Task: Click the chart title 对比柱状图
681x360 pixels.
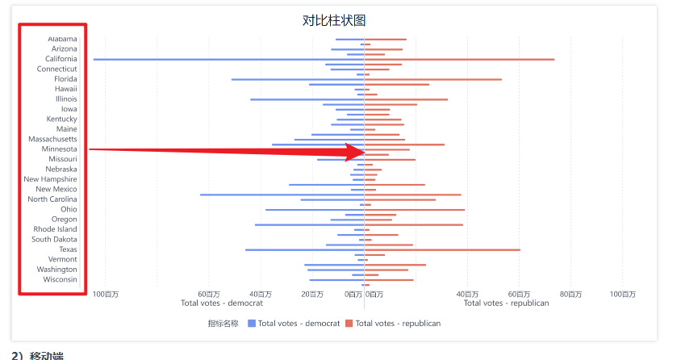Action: tap(334, 20)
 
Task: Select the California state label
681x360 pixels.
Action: tap(61, 59)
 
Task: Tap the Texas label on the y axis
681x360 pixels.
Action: tap(69, 249)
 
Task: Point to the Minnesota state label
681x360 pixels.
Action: tap(59, 149)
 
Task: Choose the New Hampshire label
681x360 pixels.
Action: tap(50, 179)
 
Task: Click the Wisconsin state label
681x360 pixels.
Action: tap(60, 279)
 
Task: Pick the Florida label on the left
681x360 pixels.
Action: tap(65, 79)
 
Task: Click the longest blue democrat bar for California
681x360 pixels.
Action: tap(229, 60)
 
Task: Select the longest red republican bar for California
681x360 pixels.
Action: tap(459, 60)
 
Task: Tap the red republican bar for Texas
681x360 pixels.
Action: tap(442, 249)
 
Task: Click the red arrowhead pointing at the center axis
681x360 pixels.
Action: tap(356, 152)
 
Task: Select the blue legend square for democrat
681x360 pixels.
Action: tap(252, 324)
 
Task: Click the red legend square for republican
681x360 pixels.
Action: tap(349, 324)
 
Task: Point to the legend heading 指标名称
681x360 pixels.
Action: tap(223, 324)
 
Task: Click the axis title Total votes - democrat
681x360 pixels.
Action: tap(222, 303)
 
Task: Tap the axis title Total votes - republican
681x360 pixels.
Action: tap(507, 303)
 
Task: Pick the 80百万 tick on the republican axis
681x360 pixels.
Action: tap(570, 295)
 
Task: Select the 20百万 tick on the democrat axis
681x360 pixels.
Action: tap(312, 295)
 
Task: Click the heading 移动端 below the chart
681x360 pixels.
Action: tap(47, 356)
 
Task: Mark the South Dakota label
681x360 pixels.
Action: tap(54, 239)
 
